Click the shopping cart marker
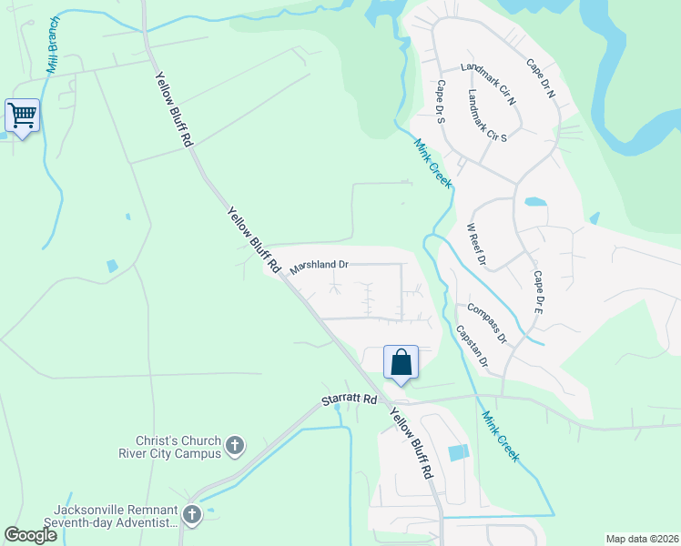[22, 116]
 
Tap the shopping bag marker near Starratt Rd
[401, 363]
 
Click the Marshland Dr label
[319, 266]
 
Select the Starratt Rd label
[349, 399]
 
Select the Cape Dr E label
[538, 292]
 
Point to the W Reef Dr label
[475, 245]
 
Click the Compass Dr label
[487, 323]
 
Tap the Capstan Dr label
[472, 346]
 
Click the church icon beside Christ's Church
[235, 446]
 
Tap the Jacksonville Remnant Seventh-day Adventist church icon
[192, 515]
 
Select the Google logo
[30, 535]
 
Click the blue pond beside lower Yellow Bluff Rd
[459, 452]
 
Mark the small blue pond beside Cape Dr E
[536, 202]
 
